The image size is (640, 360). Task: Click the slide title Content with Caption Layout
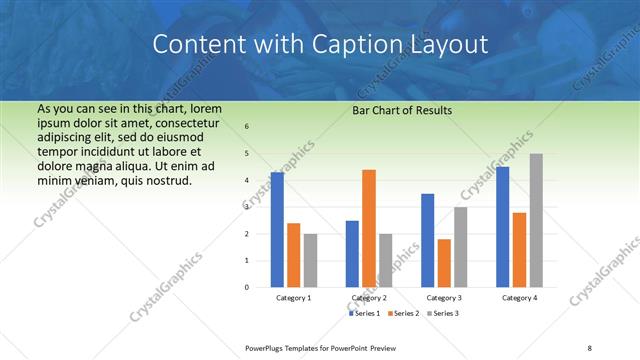320,45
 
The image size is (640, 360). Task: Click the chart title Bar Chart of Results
402,110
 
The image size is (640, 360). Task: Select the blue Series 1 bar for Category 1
277,230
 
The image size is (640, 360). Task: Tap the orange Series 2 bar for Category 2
368,228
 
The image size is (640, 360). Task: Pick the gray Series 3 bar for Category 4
536,220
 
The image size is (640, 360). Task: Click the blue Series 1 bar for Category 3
427,240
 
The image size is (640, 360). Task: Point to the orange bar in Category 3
444,263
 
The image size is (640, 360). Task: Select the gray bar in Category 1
310,260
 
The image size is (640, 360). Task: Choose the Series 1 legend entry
366,313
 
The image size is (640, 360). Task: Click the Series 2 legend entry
404,313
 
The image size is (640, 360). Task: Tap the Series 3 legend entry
442,313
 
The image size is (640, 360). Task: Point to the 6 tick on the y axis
247,127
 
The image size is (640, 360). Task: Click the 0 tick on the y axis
247,287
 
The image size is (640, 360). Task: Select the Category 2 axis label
368,298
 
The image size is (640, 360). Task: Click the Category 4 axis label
519,298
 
